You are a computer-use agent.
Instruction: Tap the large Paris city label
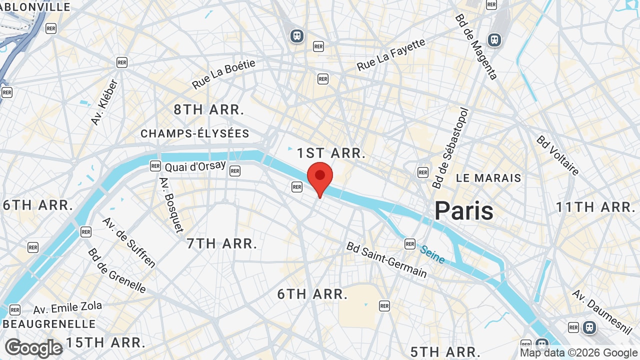click(x=464, y=210)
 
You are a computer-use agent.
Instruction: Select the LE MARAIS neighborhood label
click(x=488, y=178)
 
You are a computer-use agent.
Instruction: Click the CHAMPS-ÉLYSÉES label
click(x=195, y=133)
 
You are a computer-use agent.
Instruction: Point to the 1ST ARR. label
click(x=331, y=153)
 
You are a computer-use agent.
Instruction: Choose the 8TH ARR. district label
click(x=209, y=110)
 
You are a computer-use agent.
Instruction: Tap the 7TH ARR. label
click(x=222, y=243)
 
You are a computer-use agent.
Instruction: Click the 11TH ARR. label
click(x=595, y=206)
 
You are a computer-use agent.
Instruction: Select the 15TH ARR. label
click(x=106, y=342)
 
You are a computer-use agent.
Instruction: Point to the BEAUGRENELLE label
click(x=49, y=323)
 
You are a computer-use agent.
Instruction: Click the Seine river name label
click(x=432, y=254)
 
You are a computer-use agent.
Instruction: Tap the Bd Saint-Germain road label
click(x=387, y=260)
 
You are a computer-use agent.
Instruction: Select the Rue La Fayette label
click(x=391, y=54)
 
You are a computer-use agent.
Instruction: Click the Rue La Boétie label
click(x=223, y=74)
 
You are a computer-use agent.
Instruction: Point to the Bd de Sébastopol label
click(x=451, y=148)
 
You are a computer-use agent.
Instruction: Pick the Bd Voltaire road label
click(x=557, y=155)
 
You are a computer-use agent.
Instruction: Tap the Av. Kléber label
click(x=104, y=102)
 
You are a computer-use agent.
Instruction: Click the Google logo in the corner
click(x=33, y=348)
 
